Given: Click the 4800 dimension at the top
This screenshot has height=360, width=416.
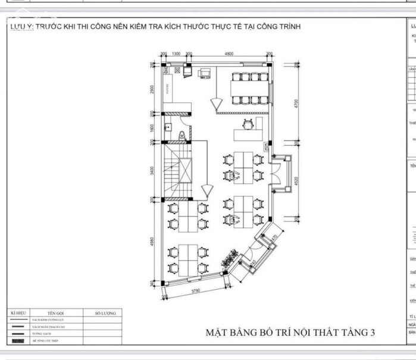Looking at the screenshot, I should (x=229, y=54).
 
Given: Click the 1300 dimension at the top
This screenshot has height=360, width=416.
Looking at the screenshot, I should (x=176, y=54).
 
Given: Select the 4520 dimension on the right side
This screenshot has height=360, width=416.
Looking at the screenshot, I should (x=296, y=181).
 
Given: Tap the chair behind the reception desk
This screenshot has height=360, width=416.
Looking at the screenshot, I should (x=247, y=124).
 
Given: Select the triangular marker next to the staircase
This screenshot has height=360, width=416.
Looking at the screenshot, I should (x=206, y=191).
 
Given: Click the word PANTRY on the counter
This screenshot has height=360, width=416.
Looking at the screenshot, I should (x=168, y=89).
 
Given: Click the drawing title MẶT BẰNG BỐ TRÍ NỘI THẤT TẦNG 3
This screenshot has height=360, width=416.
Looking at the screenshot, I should (x=291, y=332).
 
